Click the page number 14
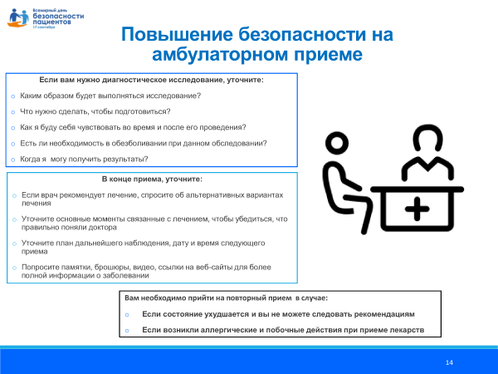click(449, 362)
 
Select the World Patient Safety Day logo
click(38, 16)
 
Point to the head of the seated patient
click(335, 143)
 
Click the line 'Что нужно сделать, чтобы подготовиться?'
click(95, 111)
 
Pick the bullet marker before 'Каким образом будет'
click(12, 96)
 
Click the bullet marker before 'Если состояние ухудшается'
click(127, 314)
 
